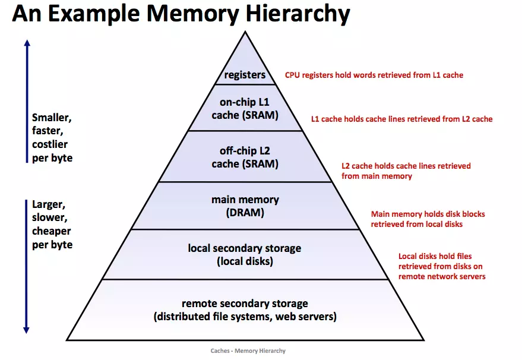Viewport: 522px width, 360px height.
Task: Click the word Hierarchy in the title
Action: (298, 14)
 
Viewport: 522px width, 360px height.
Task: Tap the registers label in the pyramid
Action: (245, 75)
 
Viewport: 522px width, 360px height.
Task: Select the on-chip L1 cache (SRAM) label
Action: (245, 109)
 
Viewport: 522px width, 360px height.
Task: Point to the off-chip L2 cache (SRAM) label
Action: (245, 157)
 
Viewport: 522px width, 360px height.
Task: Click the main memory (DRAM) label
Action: (245, 206)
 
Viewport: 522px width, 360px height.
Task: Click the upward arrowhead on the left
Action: (27, 43)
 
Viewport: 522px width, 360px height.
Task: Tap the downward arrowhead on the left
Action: (26, 330)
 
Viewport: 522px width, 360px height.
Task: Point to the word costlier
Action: (50, 144)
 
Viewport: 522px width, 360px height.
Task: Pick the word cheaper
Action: (51, 231)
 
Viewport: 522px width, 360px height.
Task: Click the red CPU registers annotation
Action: (374, 75)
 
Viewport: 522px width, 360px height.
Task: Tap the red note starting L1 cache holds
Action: (402, 119)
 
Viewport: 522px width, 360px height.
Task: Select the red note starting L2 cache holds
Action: (406, 171)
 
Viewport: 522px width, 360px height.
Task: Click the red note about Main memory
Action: (428, 219)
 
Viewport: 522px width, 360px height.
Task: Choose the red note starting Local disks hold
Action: (442, 266)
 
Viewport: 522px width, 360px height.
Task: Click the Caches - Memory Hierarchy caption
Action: (248, 350)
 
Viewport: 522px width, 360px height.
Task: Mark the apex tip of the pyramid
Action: (245, 31)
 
